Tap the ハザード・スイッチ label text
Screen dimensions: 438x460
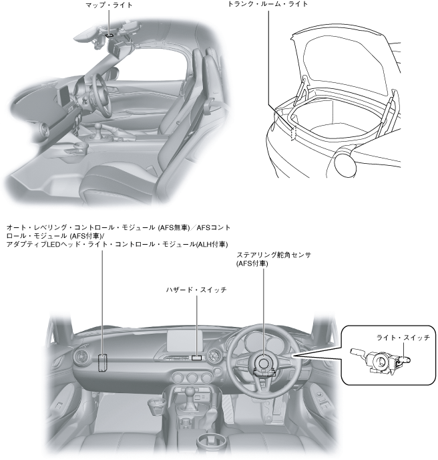(x=196, y=290)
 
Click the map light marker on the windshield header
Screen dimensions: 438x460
(x=109, y=33)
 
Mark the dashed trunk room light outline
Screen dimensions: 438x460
(x=292, y=132)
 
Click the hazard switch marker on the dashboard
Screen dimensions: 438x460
(x=196, y=358)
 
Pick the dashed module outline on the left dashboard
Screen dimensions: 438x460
(x=103, y=362)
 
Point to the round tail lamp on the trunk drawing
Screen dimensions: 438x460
(x=347, y=161)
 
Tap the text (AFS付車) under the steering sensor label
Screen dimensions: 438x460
(x=252, y=264)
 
